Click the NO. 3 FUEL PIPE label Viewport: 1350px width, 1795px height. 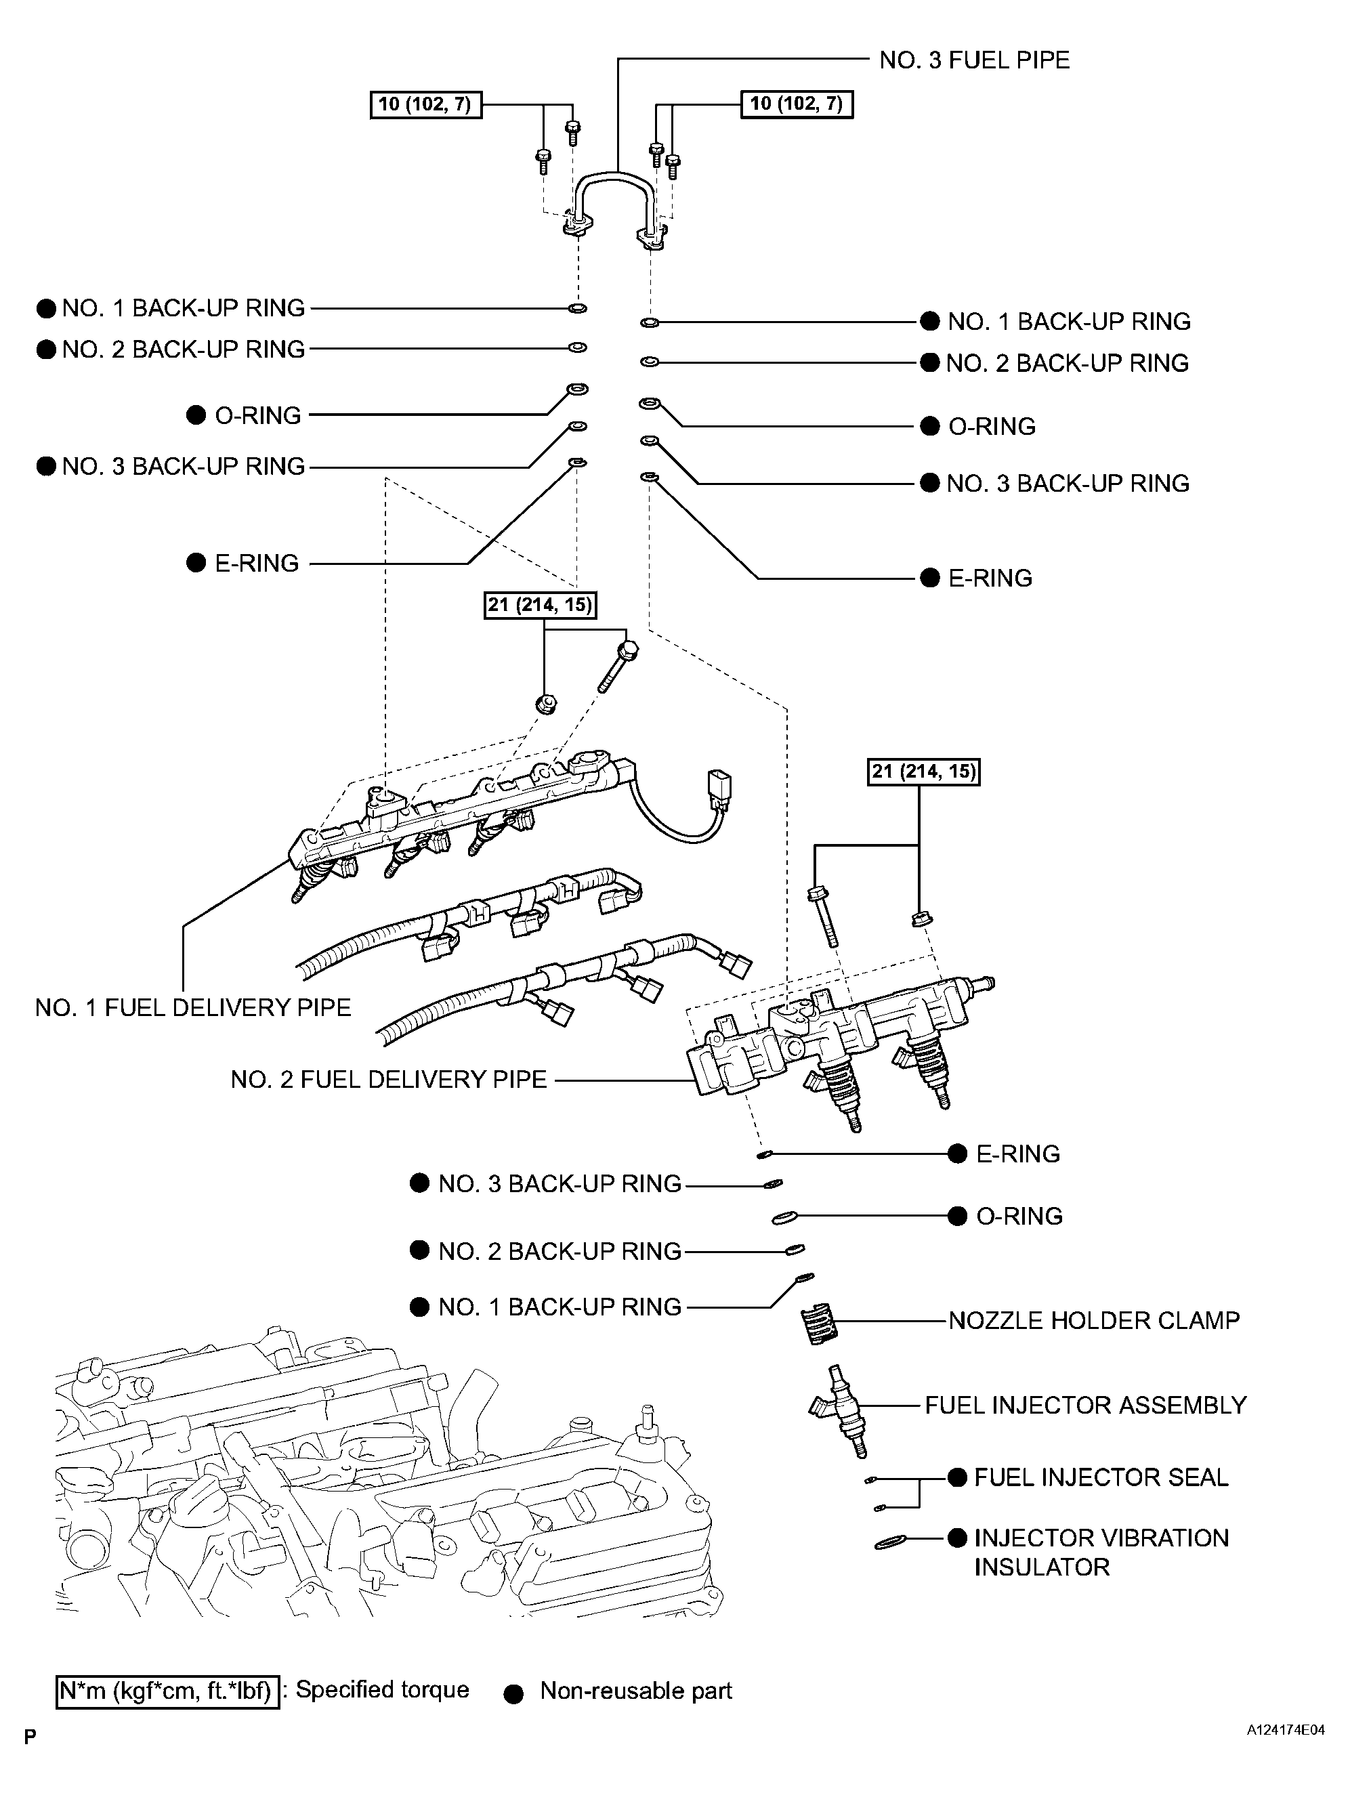coord(973,61)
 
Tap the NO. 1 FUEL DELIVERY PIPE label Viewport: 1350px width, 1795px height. coord(193,1007)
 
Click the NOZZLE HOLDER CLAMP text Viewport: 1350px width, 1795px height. coord(1094,1320)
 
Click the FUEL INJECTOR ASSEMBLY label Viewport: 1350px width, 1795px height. coord(1084,1405)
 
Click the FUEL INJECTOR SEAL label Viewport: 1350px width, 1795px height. coord(1101,1477)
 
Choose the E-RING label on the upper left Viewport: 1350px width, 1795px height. coord(256,563)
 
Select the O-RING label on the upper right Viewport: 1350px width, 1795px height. coord(992,427)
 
